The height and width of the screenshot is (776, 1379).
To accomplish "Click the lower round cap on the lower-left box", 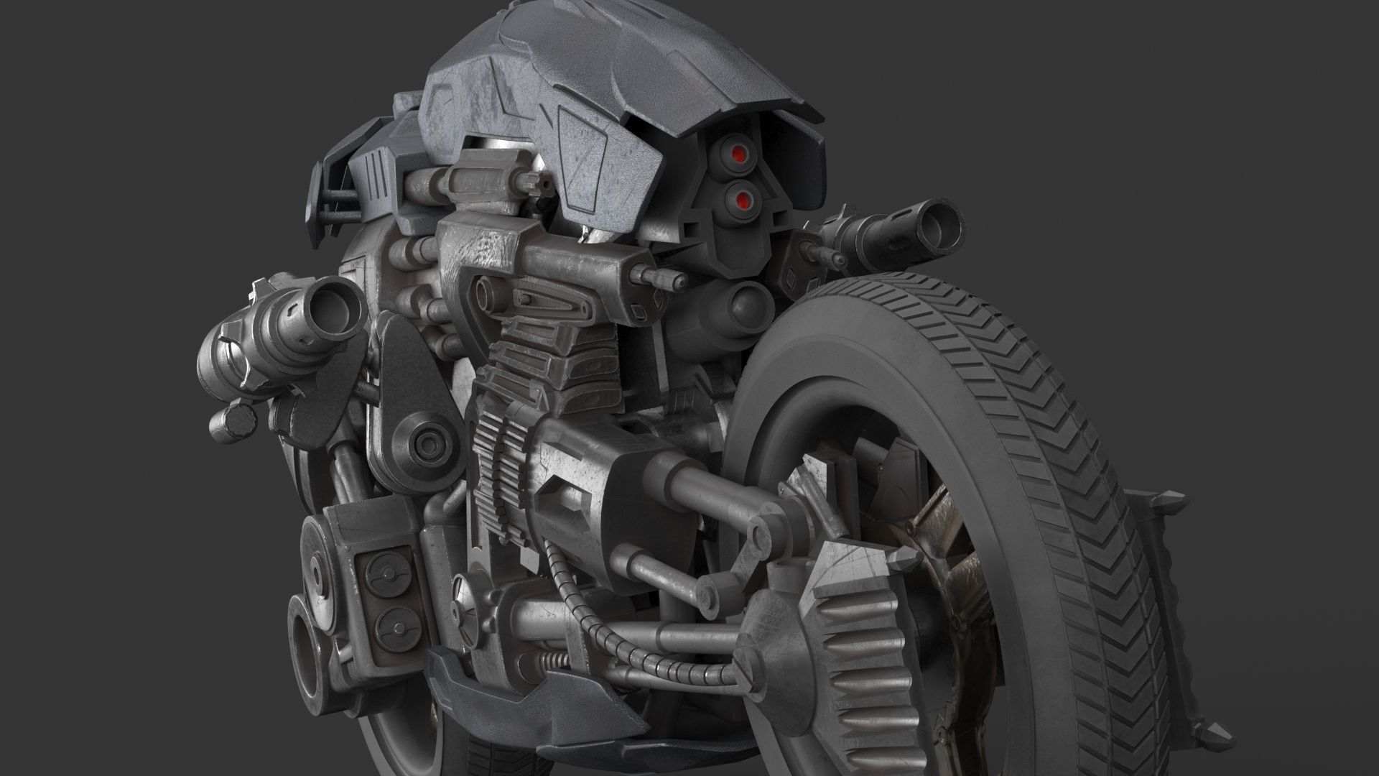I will click(x=389, y=622).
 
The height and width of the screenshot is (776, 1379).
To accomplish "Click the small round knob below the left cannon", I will click(x=237, y=420).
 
